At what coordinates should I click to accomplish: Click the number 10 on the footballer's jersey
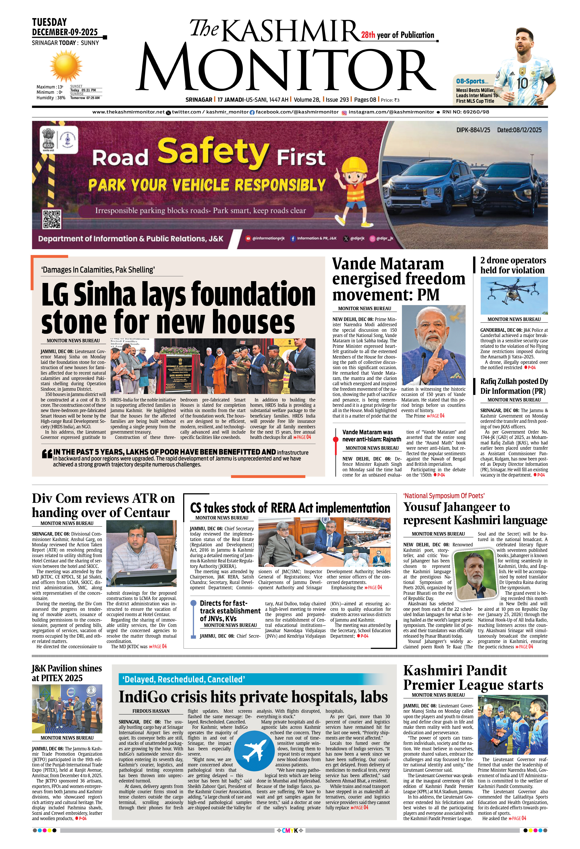point(522,83)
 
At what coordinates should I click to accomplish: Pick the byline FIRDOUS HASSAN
point(151,711)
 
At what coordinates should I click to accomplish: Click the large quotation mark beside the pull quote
point(47,454)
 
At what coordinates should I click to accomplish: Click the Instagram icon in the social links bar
point(344,113)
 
